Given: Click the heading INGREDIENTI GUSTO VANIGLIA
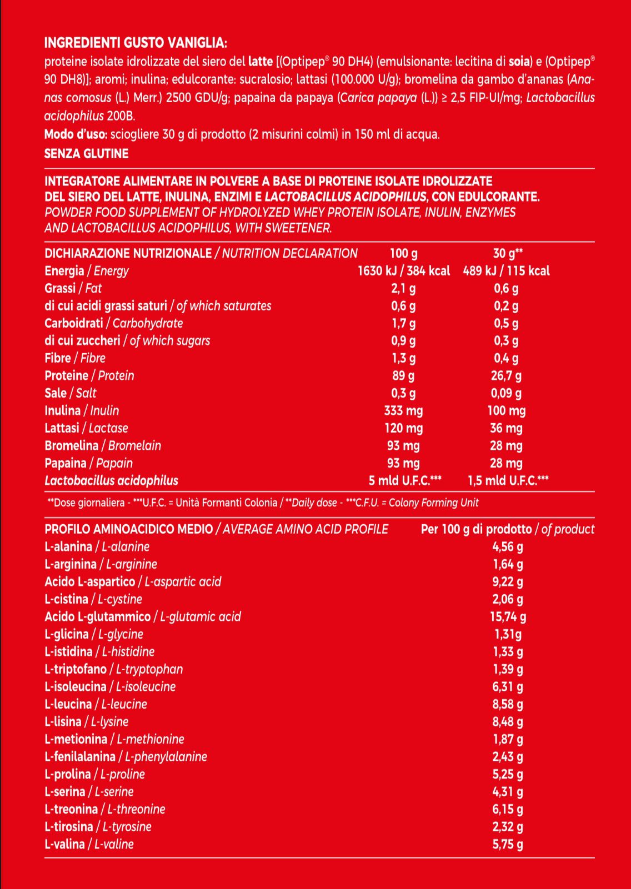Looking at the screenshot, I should pyautogui.click(x=136, y=43).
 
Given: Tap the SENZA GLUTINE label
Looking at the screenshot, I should pyautogui.click(x=86, y=154).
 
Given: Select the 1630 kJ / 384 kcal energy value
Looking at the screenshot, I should pyautogui.click(x=403, y=271).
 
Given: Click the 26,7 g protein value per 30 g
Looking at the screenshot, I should pyautogui.click(x=506, y=376).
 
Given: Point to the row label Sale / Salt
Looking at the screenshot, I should pyautogui.click(x=71, y=393).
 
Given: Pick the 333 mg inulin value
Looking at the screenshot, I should pyautogui.click(x=403, y=411).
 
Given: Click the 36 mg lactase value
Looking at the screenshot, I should pyautogui.click(x=506, y=428).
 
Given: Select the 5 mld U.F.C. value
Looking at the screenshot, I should pyautogui.click(x=405, y=481).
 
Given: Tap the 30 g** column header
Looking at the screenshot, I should pyautogui.click(x=508, y=254).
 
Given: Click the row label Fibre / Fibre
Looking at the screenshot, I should pyautogui.click(x=75, y=358).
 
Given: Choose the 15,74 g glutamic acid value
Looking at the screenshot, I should pyautogui.click(x=508, y=617).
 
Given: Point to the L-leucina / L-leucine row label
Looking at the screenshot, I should pyautogui.click(x=96, y=704).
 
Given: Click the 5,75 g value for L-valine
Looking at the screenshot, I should pyautogui.click(x=508, y=845).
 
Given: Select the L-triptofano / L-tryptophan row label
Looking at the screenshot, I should pyautogui.click(x=113, y=669).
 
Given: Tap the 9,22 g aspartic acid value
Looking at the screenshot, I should pyautogui.click(x=508, y=582).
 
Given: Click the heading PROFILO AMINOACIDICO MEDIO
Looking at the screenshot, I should pyautogui.click(x=129, y=529).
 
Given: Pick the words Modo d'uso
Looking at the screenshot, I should pyautogui.click(x=76, y=134).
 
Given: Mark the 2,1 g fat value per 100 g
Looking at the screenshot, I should pyautogui.click(x=403, y=288).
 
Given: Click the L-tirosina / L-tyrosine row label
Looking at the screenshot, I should pyautogui.click(x=98, y=827).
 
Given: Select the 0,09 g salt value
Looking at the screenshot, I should pyautogui.click(x=506, y=393).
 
